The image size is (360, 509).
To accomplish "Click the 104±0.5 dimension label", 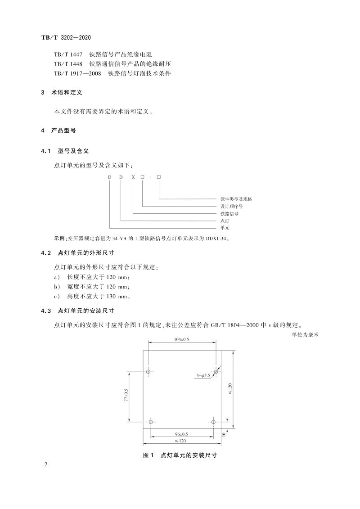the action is [x=182, y=339].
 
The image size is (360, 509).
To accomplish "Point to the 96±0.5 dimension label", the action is [x=181, y=434].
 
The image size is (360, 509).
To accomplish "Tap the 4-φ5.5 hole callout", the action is [x=203, y=375].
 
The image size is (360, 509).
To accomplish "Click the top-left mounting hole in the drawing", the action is [x=149, y=372].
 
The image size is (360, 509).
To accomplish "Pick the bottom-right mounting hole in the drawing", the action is [x=214, y=422].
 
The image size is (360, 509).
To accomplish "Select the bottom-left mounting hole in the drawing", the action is [x=151, y=422].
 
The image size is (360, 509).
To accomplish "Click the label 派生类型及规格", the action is [x=236, y=198].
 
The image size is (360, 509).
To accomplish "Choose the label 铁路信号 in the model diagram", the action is [x=229, y=214].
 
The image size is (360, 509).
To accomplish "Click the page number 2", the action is [x=46, y=464].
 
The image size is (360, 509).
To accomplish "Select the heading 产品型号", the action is [x=67, y=131].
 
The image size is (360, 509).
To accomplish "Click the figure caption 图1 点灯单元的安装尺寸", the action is [x=180, y=455].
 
